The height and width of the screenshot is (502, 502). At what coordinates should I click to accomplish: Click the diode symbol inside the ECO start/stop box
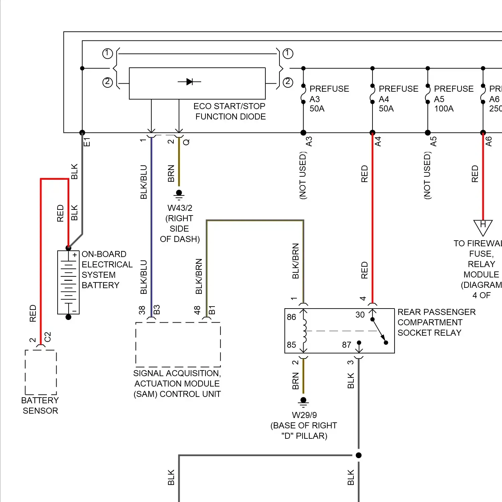[x=189, y=82]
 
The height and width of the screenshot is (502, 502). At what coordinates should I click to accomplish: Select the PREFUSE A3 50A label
[x=329, y=99]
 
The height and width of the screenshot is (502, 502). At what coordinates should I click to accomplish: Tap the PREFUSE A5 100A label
[x=453, y=99]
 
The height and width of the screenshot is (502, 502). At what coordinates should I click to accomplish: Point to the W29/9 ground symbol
[x=304, y=402]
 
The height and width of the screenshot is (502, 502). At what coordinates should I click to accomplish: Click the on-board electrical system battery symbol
[x=68, y=282]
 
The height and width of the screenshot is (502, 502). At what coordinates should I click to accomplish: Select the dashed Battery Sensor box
[x=41, y=372]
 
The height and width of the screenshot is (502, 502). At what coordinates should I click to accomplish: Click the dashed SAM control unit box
[x=178, y=345]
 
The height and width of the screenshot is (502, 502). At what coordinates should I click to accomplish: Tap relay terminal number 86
[x=291, y=317]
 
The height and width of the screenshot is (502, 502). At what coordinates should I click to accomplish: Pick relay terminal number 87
[x=347, y=345]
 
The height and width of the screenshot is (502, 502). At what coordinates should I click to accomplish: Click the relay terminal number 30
[x=360, y=315]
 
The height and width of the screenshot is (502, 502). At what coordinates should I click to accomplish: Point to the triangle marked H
[x=483, y=227]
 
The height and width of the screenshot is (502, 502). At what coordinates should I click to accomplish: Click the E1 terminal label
[x=87, y=142]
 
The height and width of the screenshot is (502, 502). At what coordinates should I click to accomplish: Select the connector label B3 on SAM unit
[x=157, y=310]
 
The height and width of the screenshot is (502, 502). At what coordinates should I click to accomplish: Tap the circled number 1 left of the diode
[x=107, y=54]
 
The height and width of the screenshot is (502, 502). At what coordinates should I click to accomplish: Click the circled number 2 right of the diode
[x=288, y=82]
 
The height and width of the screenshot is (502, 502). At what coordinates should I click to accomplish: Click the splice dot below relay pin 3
[x=359, y=455]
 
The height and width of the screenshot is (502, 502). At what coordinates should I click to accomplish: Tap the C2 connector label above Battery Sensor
[x=48, y=337]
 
